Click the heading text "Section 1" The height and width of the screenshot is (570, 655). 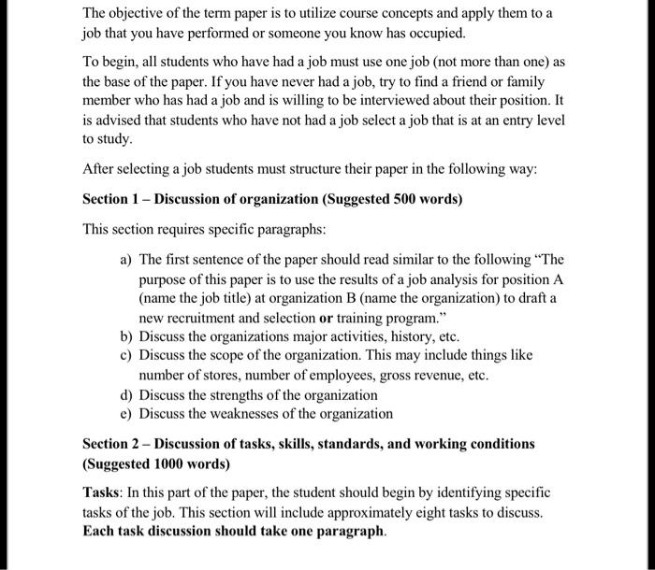pyautogui.click(x=112, y=199)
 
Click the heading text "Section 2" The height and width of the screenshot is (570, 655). pyautogui.click(x=112, y=443)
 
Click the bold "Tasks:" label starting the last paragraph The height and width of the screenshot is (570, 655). pyautogui.click(x=103, y=492)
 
